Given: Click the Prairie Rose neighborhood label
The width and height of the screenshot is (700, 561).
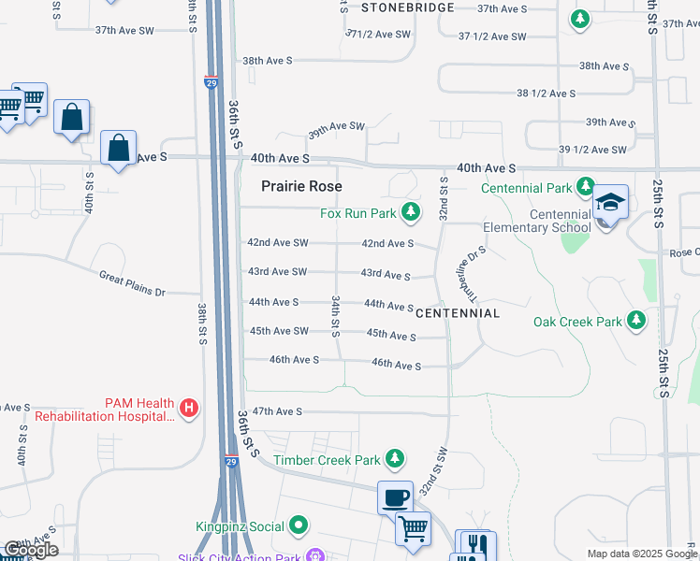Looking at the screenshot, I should click(301, 186).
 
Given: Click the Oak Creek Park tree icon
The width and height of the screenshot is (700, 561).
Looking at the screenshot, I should click(636, 322).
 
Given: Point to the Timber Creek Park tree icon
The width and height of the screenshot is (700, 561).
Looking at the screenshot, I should click(396, 459).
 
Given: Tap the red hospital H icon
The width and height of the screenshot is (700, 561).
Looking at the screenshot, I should click(189, 409).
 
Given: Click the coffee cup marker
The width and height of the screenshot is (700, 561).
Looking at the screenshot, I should click(394, 496).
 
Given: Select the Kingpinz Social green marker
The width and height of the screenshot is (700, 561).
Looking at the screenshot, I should click(299, 526).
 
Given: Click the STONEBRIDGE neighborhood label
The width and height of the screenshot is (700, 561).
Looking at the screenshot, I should click(408, 7).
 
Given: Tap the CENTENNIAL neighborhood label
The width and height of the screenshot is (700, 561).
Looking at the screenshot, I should click(458, 312).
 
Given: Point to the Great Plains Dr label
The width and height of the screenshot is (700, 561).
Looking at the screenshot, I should click(133, 283).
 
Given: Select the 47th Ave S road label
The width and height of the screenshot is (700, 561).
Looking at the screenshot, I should click(277, 411).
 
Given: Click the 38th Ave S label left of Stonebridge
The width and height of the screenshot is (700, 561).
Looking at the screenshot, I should click(268, 60).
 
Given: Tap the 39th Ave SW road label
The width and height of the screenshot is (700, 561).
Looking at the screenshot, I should click(336, 126).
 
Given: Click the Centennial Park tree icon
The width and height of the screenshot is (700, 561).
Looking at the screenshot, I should click(586, 188).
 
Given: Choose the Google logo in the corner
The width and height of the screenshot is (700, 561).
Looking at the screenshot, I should click(31, 550).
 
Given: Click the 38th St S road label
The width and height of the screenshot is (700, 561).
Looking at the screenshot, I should click(202, 324).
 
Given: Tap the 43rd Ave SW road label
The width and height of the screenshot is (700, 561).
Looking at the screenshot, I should click(277, 272).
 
